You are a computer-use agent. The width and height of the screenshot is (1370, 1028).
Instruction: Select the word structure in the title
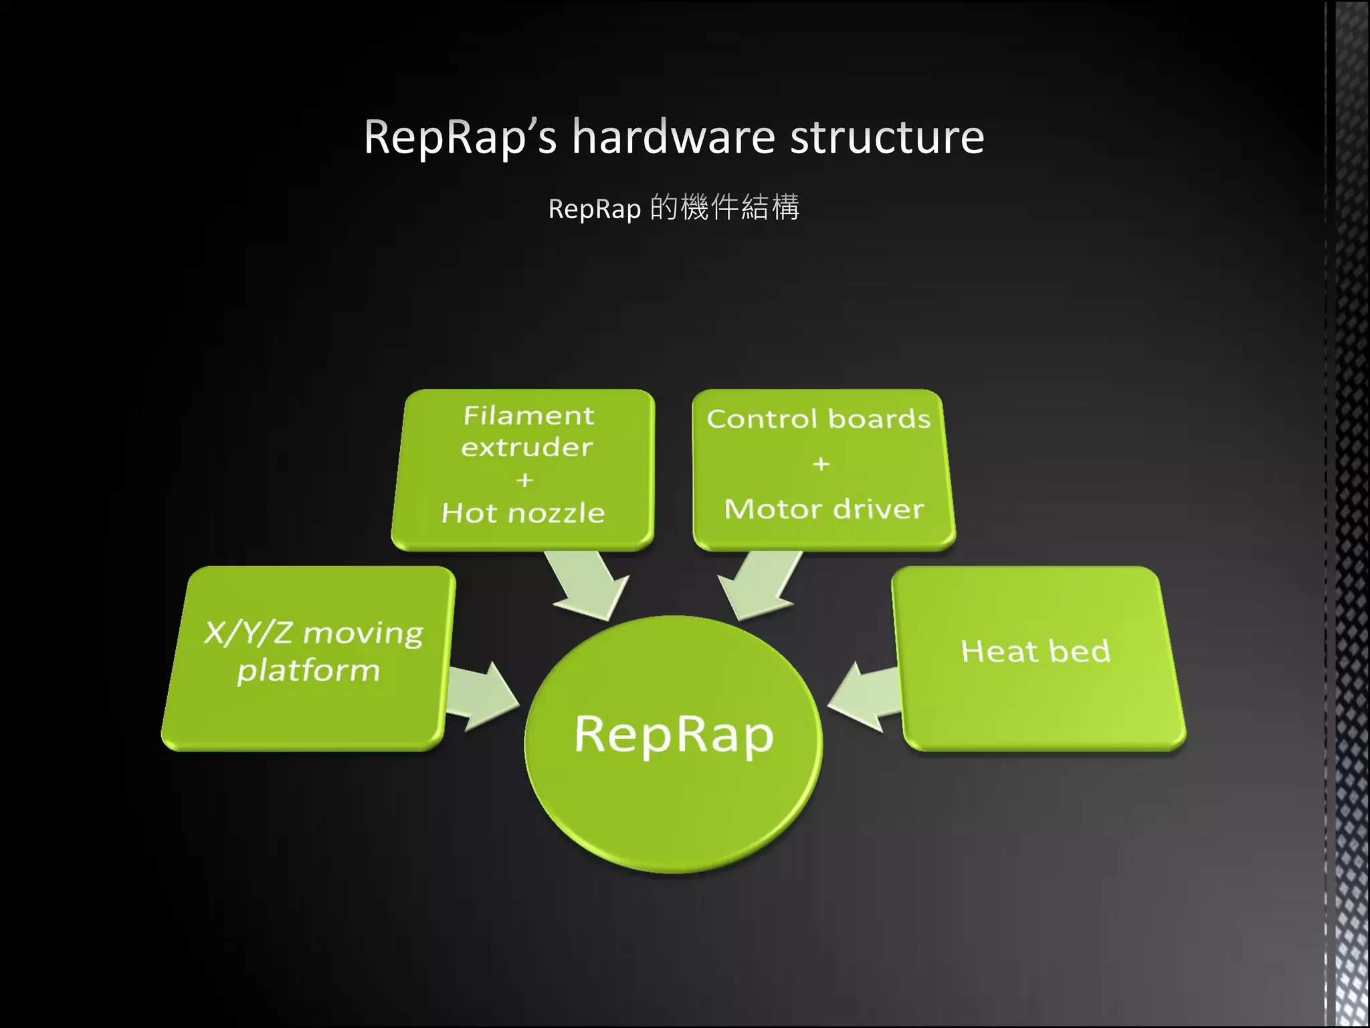(887, 137)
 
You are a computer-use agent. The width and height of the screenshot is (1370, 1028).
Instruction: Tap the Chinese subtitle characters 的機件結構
(724, 207)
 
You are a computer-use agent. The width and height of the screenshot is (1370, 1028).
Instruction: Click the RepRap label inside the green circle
(674, 735)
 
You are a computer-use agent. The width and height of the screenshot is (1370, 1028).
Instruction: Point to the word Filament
(528, 416)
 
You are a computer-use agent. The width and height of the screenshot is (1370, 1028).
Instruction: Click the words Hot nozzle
(523, 513)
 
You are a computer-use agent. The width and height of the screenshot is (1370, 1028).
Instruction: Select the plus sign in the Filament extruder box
(525, 480)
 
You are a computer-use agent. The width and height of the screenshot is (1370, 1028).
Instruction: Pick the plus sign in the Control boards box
(821, 464)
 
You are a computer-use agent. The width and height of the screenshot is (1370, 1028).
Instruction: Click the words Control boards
(819, 419)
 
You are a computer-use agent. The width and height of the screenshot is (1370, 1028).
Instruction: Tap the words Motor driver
(824, 509)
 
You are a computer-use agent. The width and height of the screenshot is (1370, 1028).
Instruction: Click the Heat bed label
(1036, 651)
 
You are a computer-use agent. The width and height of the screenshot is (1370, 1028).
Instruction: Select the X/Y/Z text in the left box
(248, 633)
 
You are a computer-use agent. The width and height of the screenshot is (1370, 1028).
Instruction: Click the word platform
(308, 671)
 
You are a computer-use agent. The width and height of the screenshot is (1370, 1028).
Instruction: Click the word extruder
(527, 447)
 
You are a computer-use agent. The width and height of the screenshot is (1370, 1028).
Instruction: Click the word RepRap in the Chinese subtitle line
(595, 209)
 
